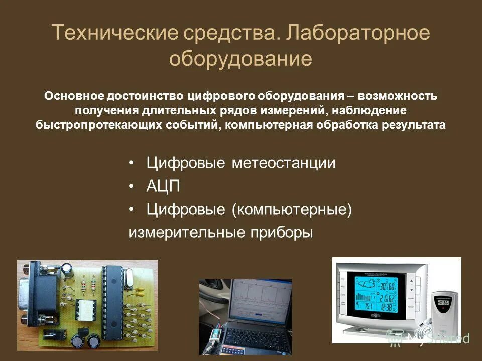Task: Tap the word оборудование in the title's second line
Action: pyautogui.click(x=240, y=59)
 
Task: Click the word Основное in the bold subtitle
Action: pyautogui.click(x=73, y=96)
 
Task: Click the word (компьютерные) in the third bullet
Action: pyautogui.click(x=292, y=210)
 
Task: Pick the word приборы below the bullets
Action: pyautogui.click(x=281, y=233)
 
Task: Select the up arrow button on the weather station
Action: pyautogui.click(x=411, y=281)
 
